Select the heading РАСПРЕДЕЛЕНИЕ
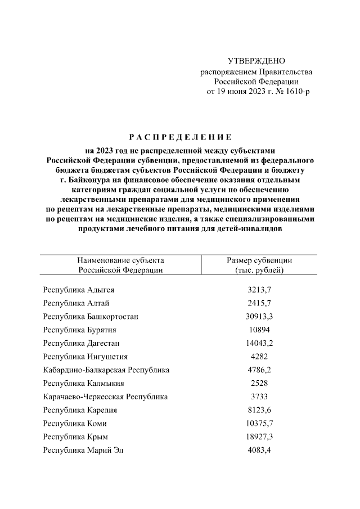click(x=180, y=137)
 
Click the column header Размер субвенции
click(x=259, y=260)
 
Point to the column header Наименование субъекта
click(x=121, y=260)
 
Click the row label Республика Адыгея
click(x=82, y=290)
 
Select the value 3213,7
click(x=259, y=290)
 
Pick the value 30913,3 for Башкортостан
click(x=259, y=317)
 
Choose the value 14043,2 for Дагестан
click(x=259, y=343)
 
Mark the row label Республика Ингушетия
click(x=85, y=357)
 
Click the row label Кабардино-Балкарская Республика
click(x=106, y=370)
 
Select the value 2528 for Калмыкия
click(x=259, y=383)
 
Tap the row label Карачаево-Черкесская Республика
click(x=105, y=397)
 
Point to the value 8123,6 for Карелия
click(x=259, y=410)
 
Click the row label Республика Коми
click(x=75, y=423)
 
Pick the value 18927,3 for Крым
click(x=259, y=436)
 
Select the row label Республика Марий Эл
click(x=85, y=450)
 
